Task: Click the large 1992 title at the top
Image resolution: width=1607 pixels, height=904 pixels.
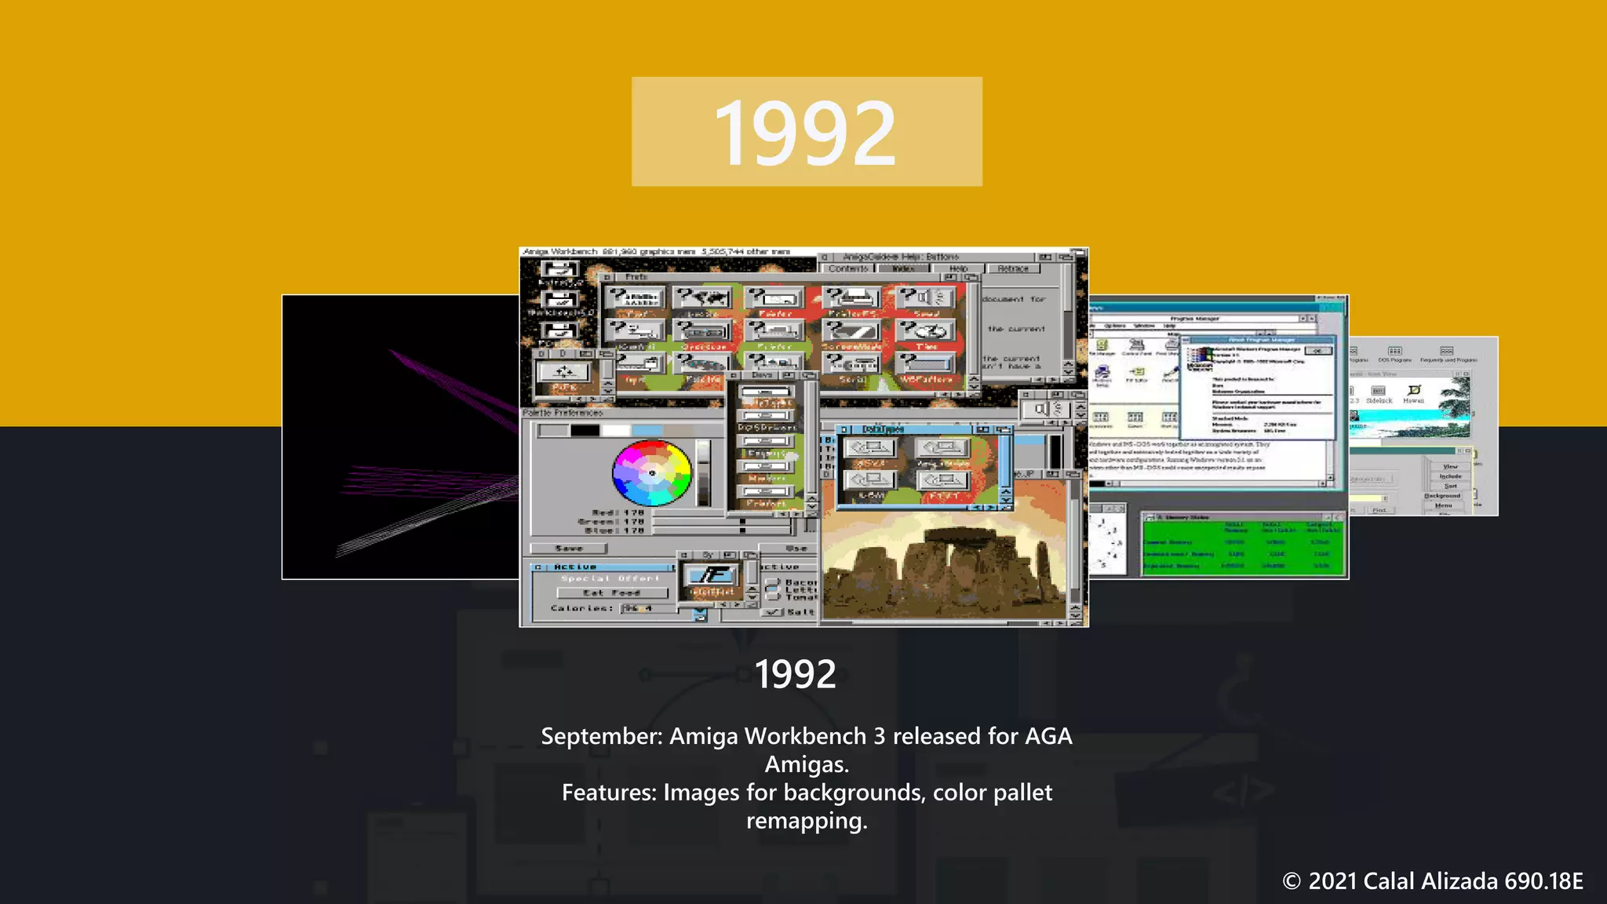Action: (806, 132)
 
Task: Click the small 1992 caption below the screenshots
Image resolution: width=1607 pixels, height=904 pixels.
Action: (795, 674)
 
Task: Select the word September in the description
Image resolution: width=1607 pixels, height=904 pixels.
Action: (602, 737)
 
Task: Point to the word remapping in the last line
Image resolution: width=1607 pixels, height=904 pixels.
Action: (806, 821)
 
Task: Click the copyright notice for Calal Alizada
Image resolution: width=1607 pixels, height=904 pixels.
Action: (1432, 881)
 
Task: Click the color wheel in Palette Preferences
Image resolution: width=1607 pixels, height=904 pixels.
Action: (651, 472)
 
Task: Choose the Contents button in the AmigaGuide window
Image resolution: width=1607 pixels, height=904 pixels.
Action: (848, 268)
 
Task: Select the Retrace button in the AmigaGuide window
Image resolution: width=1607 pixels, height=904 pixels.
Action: (1012, 268)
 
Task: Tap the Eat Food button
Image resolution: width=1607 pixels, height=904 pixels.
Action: (612, 592)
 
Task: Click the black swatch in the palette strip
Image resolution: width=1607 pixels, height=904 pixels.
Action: (585, 430)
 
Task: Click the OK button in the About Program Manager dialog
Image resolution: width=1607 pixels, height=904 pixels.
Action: (1318, 351)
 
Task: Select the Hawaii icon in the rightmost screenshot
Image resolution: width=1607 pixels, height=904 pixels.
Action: (1414, 392)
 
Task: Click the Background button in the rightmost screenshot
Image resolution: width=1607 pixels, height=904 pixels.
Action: (1442, 496)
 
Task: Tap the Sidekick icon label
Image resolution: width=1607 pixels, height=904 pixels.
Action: (1379, 401)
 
